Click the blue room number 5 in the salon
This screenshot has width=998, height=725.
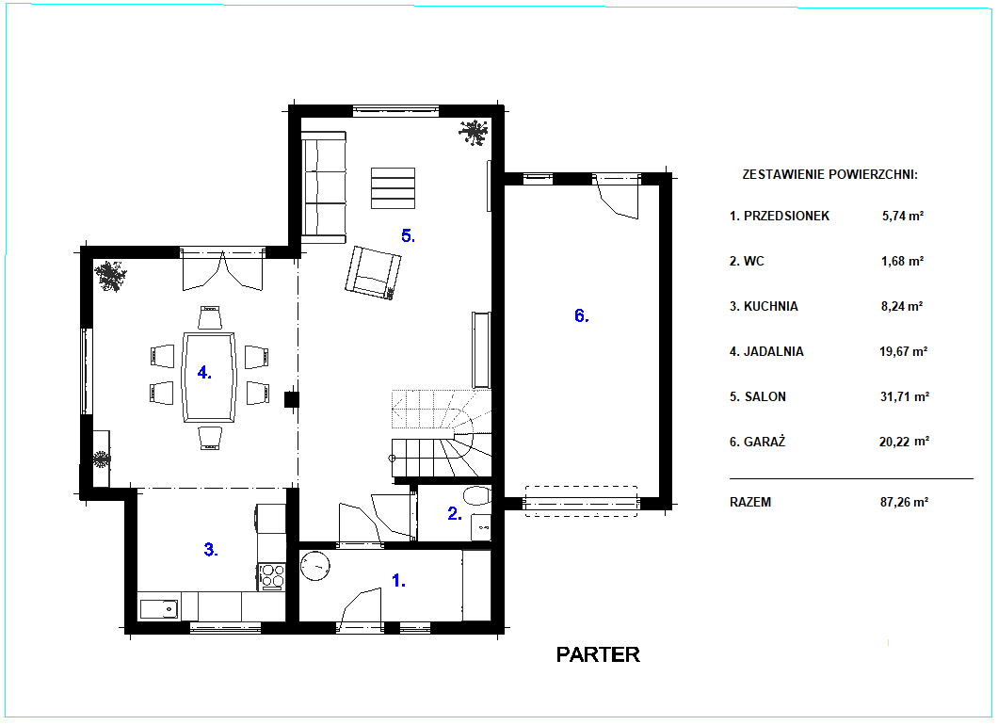coord(408,236)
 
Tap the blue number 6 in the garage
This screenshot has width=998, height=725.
coord(581,315)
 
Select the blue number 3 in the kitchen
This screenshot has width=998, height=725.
coord(211,549)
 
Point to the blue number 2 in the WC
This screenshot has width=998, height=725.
coord(455,514)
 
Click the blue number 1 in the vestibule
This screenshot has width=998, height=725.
coord(398,581)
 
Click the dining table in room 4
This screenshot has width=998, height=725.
coord(209,377)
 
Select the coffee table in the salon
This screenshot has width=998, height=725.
coord(393,187)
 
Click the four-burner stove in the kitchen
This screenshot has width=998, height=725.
coord(272,576)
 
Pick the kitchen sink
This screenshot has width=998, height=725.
coord(159,609)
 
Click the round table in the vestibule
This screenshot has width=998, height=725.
coord(315,565)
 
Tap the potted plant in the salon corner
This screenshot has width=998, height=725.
coord(473,133)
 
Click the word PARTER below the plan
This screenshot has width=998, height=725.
coord(598,655)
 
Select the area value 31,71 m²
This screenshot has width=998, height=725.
coord(905,396)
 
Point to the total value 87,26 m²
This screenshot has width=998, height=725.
coord(904,502)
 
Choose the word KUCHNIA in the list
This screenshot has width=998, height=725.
coord(771,306)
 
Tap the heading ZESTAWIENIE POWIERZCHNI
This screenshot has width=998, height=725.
coord(830,174)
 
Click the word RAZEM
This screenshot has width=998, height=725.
coord(750,502)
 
